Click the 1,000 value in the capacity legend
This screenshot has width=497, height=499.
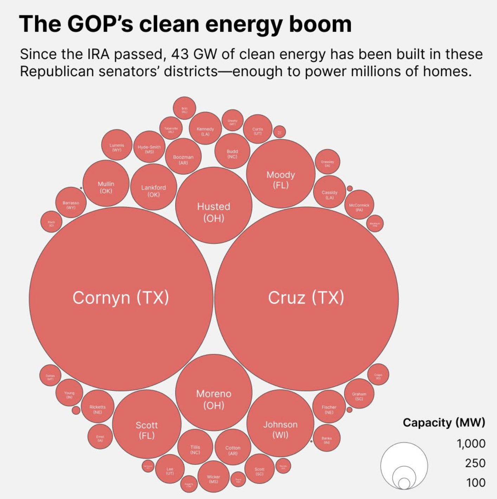(471, 443)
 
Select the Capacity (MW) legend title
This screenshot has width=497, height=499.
(444, 422)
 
